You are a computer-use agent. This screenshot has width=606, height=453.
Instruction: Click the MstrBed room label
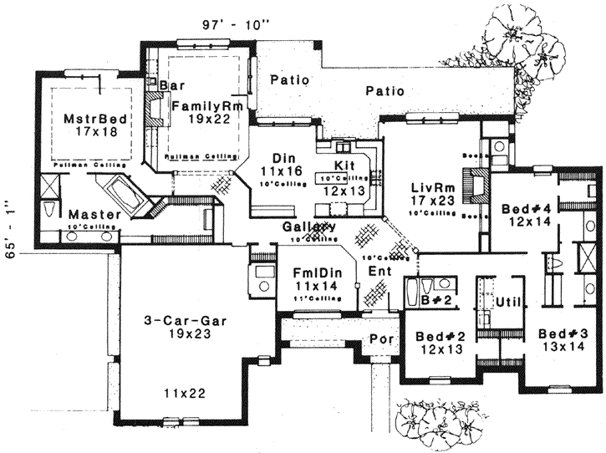click(x=95, y=119)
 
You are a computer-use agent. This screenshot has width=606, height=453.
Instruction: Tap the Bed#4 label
click(x=523, y=208)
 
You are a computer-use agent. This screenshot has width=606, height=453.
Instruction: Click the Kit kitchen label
click(x=345, y=165)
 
